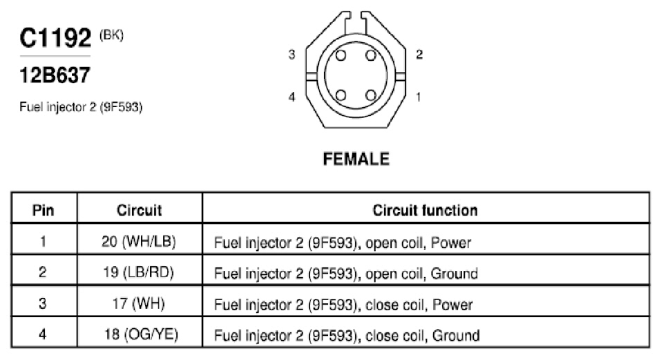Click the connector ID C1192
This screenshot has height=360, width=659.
(55, 38)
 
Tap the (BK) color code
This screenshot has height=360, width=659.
(111, 35)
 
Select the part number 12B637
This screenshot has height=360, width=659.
(55, 76)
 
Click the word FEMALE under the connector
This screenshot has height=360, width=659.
(356, 159)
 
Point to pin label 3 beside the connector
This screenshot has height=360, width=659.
(292, 55)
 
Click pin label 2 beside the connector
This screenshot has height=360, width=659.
(419, 55)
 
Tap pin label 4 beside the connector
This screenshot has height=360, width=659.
(292, 97)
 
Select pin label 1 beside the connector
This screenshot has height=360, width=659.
(418, 97)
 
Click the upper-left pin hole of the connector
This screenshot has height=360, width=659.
(341, 55)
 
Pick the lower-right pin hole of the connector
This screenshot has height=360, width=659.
(371, 95)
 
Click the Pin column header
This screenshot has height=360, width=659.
(44, 210)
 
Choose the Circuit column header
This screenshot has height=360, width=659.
(139, 210)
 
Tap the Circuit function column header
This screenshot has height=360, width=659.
(425, 210)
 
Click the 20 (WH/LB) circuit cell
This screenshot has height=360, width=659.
(139, 241)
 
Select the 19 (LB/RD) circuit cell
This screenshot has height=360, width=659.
(139, 272)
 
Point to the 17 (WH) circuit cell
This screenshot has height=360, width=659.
(139, 303)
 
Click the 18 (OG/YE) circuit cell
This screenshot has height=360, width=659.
(141, 334)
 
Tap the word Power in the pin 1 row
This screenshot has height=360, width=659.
(451, 243)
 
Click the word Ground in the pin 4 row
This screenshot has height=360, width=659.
(456, 335)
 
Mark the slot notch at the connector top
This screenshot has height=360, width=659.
(356, 23)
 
